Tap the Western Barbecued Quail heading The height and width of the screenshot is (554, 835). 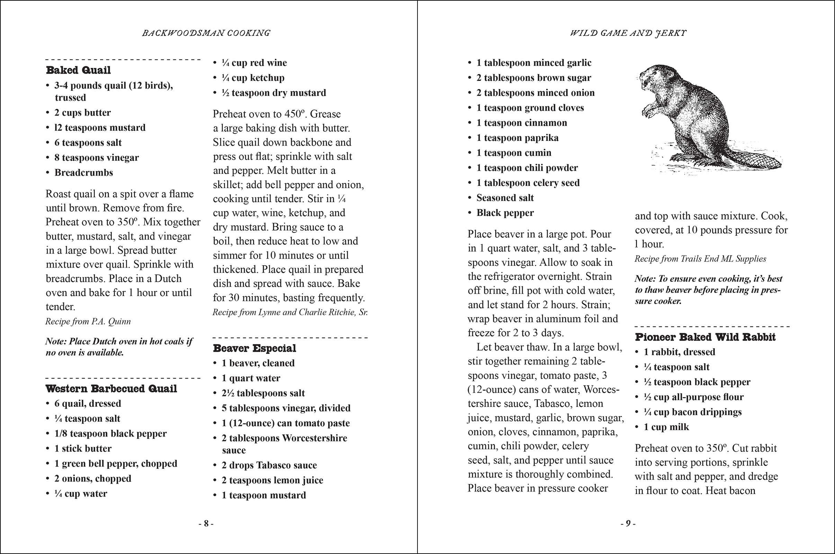(x=111, y=388)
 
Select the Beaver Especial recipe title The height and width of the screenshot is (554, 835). (x=254, y=348)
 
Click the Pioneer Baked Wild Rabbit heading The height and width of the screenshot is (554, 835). (x=705, y=337)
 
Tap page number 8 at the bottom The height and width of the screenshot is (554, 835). (x=206, y=524)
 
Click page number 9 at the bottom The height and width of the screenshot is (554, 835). (x=628, y=524)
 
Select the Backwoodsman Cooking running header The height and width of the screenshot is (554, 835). (x=206, y=33)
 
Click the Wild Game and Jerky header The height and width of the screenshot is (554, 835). (x=628, y=33)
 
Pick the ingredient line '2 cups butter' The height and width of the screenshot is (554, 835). (x=82, y=113)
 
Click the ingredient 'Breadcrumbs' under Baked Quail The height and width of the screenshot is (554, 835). (x=83, y=173)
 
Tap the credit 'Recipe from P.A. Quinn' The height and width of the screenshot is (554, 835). (x=88, y=322)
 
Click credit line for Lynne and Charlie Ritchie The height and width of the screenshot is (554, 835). (x=290, y=312)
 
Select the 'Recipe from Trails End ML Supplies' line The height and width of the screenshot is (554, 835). (x=700, y=259)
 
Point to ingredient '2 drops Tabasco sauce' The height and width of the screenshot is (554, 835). (x=269, y=465)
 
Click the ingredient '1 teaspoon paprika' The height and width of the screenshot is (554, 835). (x=517, y=138)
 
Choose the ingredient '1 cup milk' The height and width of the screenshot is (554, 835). (x=666, y=427)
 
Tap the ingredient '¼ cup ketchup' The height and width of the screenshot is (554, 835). (x=253, y=78)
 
